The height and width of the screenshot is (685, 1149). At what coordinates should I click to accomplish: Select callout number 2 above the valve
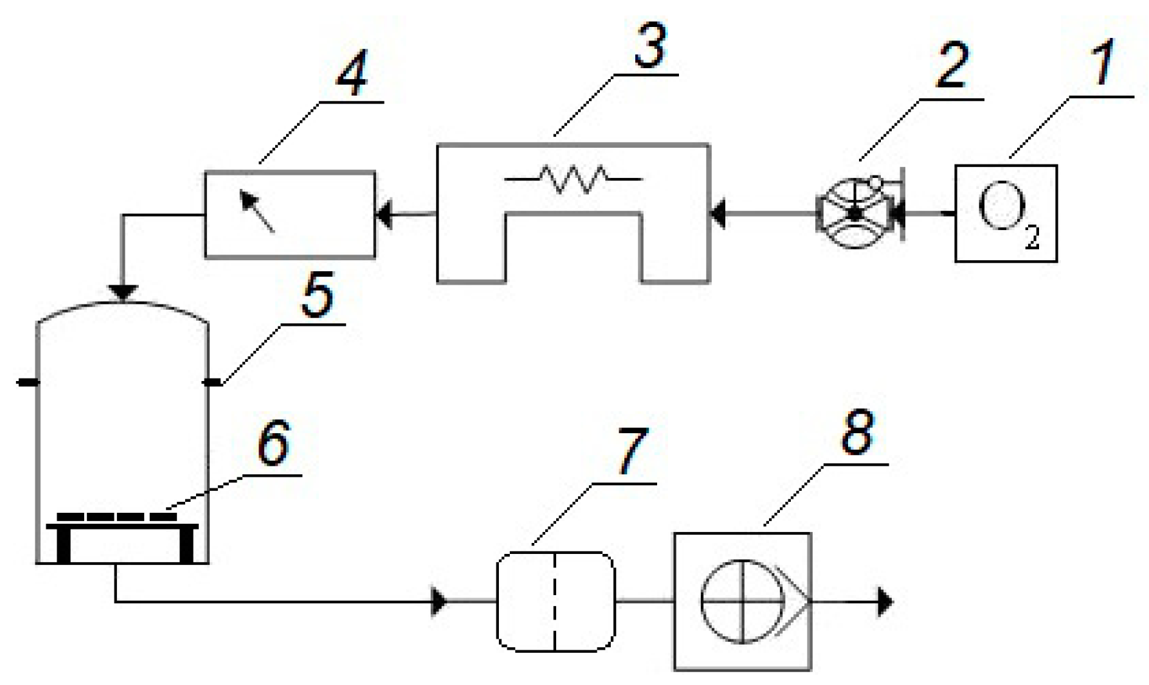[x=952, y=67]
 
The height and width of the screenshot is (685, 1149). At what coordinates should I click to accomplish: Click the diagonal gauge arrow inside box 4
[x=257, y=210]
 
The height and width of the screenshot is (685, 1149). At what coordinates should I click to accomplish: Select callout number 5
[x=317, y=296]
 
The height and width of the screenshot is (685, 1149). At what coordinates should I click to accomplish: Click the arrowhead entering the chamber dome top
[x=123, y=293]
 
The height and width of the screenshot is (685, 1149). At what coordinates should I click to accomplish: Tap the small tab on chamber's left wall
[x=27, y=382]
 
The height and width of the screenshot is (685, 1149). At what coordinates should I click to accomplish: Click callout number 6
[x=273, y=443]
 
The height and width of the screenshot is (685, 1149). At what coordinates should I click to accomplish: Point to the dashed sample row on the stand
[x=116, y=516]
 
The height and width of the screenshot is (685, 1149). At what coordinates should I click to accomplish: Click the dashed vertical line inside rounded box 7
[x=554, y=601]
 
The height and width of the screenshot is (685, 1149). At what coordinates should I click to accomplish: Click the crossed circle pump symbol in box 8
[x=743, y=601]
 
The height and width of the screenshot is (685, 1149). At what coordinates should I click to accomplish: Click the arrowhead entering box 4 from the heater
[x=384, y=214]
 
